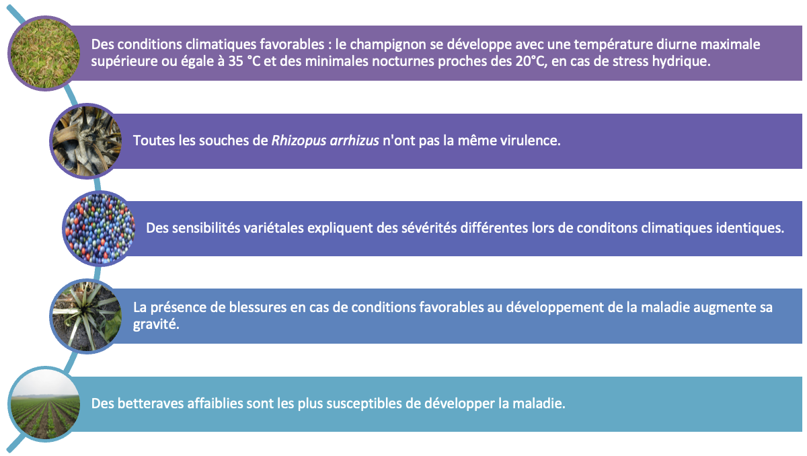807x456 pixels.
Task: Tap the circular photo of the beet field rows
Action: tap(45, 404)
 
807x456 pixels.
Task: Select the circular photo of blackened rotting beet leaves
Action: tap(87, 141)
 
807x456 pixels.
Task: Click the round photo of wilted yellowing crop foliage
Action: tap(45, 53)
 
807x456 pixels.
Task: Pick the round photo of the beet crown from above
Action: tap(87, 316)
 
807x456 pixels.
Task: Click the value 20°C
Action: tap(531, 61)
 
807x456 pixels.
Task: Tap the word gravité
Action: tap(156, 325)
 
